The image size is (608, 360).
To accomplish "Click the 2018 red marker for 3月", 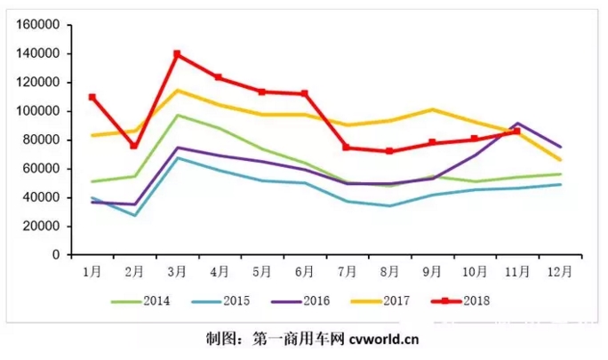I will pos(177,54).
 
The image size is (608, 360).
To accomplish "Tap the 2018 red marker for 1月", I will pos(92,97).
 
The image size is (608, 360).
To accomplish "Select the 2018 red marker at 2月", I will pos(134,146).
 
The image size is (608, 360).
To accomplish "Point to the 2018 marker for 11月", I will pos(516,131).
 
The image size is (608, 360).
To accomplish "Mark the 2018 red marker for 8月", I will pos(389,151).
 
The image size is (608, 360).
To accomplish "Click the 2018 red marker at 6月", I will pos(305,93).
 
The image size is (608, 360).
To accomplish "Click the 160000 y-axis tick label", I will pos(39,25).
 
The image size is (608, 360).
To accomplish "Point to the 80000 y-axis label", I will pos(43,140).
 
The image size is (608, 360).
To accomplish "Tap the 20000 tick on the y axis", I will pos(43,226).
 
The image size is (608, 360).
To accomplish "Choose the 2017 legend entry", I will pos(388,301).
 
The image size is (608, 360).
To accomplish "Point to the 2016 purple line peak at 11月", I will pos(517,124).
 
